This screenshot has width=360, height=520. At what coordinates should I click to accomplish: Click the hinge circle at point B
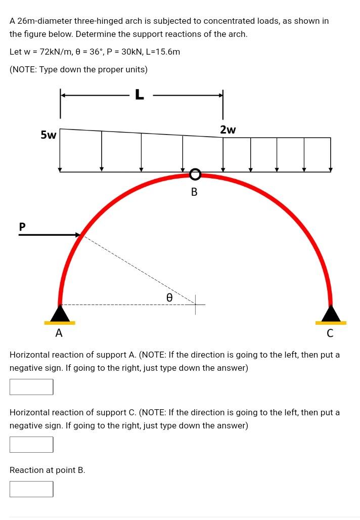click(195, 175)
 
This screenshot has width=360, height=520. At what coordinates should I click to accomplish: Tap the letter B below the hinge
click(194, 192)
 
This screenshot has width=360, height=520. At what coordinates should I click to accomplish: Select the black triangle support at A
click(60, 314)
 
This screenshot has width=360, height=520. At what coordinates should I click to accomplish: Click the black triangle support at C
click(331, 314)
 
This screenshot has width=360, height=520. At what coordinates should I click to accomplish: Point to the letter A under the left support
click(59, 333)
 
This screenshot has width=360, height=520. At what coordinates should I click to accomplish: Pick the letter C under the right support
click(330, 333)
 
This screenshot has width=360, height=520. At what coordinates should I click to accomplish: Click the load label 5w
click(49, 135)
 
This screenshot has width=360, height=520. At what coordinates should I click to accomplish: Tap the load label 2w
click(228, 129)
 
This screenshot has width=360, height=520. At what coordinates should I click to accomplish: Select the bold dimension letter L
click(140, 95)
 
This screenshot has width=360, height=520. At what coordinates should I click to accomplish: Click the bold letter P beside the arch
click(22, 227)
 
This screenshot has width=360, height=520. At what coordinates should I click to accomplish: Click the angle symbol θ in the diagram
click(169, 298)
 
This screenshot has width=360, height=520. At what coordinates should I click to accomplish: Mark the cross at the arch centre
click(196, 304)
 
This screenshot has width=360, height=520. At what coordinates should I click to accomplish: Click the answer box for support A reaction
click(31, 387)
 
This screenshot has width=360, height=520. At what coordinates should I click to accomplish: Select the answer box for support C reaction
click(31, 445)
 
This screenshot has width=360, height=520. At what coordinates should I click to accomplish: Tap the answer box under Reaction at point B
click(31, 489)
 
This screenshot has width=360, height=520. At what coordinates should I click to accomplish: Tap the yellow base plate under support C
click(331, 323)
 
